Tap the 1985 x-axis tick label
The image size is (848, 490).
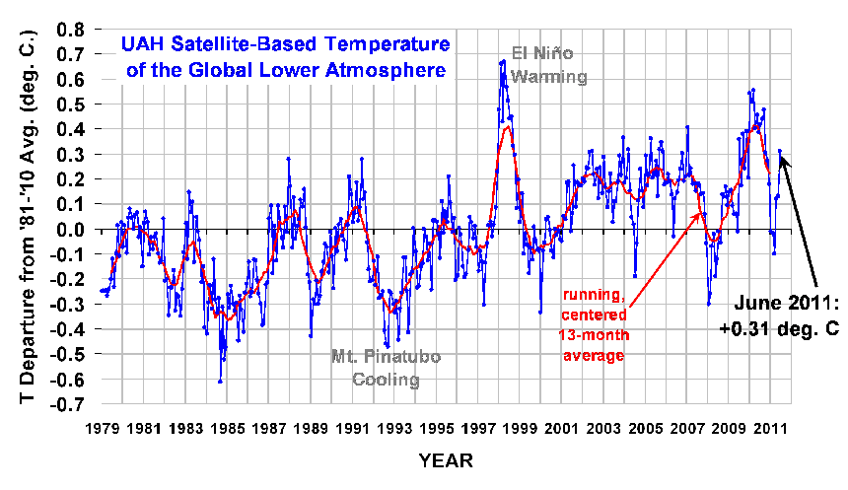231,430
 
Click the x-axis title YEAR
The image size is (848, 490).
445,460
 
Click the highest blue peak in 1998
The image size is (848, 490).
503,61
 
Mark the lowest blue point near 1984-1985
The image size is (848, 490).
220,381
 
